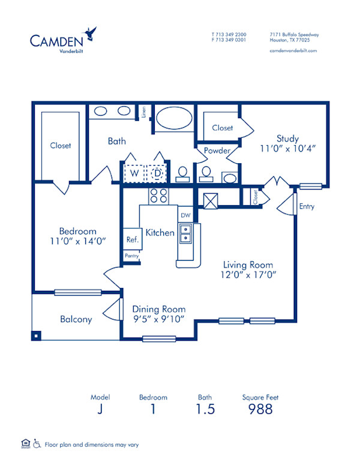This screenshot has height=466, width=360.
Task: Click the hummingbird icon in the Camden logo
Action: [91, 32]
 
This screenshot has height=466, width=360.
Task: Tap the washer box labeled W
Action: [135, 173]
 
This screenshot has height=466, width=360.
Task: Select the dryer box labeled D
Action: [157, 173]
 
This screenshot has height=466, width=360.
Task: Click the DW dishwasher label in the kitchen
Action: [185, 215]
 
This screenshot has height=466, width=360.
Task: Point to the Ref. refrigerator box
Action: [133, 239]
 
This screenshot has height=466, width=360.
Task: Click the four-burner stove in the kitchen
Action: [158, 196]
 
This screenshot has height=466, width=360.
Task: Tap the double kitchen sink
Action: [186, 233]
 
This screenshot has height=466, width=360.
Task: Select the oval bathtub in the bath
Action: [173, 118]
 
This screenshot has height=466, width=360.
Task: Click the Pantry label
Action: [132, 255]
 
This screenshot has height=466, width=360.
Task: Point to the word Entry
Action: [307, 207]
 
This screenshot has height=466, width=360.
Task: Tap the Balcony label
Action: [76, 319]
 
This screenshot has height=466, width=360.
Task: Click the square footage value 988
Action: [260, 409]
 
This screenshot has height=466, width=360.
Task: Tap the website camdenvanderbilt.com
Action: [293, 51]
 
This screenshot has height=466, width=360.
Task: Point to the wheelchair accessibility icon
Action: [37, 444]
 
